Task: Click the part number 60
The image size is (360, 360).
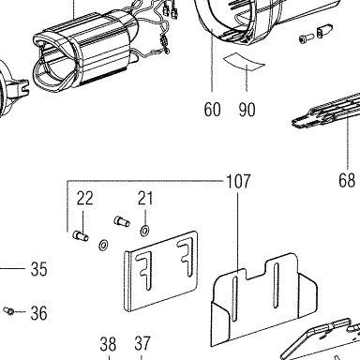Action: tap(212, 109)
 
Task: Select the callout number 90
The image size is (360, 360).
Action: tap(247, 109)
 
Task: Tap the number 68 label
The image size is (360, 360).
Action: tap(347, 180)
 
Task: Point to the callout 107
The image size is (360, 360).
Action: tap(238, 181)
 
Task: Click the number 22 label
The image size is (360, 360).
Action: tap(85, 198)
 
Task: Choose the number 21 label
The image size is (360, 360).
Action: tap(145, 198)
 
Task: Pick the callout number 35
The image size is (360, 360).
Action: tap(39, 268)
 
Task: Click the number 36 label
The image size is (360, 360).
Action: tap(39, 313)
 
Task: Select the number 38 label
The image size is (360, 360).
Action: tap(108, 344)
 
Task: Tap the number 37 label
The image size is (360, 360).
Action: tap(142, 343)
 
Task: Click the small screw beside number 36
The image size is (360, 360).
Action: tap(8, 310)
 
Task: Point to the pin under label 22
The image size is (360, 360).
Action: tap(81, 236)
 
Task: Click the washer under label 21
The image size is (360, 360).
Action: tap(144, 231)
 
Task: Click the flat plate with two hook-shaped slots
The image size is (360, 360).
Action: tap(161, 271)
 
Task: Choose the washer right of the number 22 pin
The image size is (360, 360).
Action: tap(103, 245)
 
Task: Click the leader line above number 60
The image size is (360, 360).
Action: tap(212, 59)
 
